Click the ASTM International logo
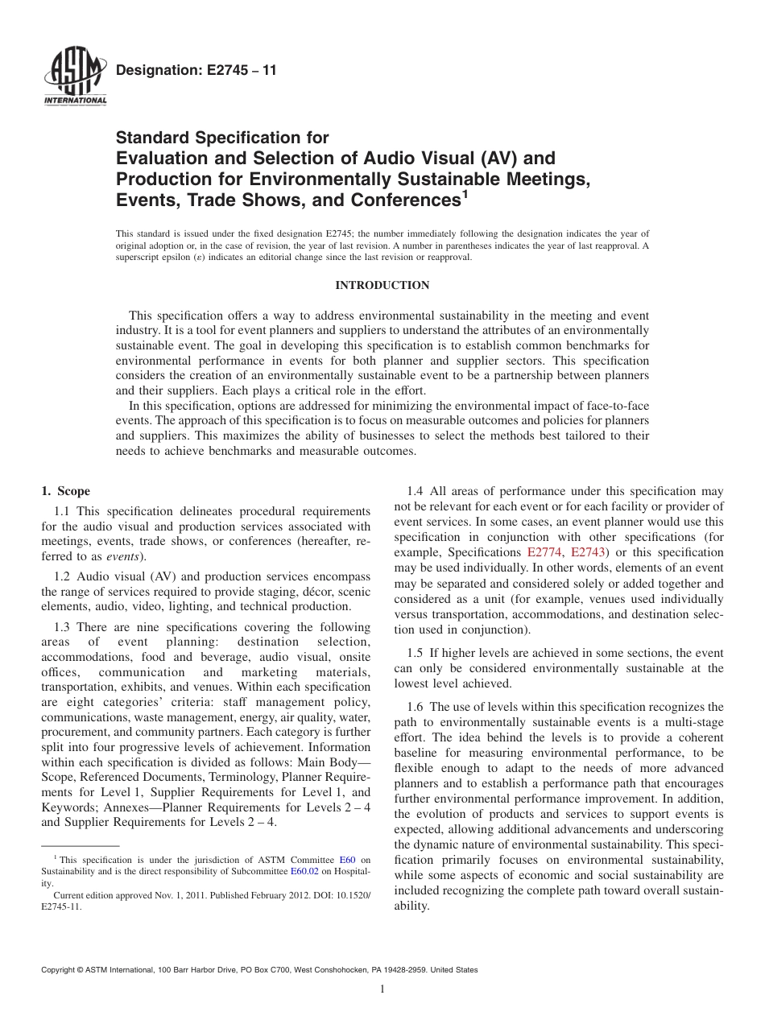point(74,78)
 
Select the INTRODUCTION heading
point(382,286)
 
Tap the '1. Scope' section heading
point(65,491)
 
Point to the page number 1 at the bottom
point(382,989)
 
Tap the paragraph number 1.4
point(416,491)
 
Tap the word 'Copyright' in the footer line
point(60,970)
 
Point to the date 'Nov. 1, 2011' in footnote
point(159,894)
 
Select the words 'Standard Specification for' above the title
point(223,138)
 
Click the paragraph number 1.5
point(416,653)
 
